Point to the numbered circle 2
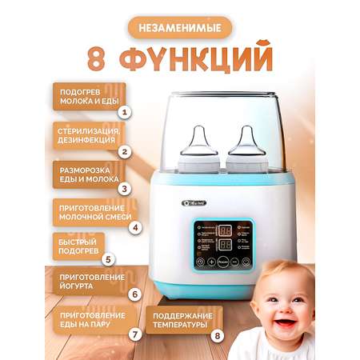[x=124, y=150]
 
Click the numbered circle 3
[x=124, y=189]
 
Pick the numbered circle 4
[x=136, y=226]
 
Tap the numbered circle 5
[x=109, y=260]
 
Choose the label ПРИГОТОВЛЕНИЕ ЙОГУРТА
[x=89, y=282]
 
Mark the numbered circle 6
[x=135, y=294]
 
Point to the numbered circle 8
[x=216, y=335]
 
